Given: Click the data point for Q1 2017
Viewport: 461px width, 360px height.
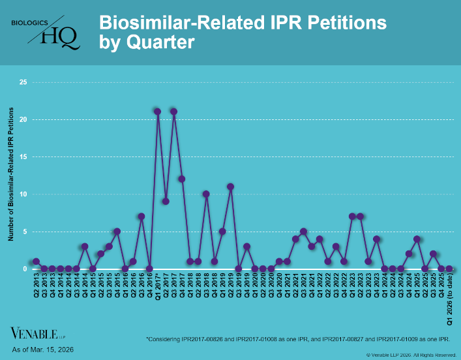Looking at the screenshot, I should (x=158, y=112).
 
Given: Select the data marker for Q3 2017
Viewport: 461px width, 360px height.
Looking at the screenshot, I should (x=174, y=112).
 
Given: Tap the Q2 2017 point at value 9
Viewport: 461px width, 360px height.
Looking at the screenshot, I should (x=166, y=201).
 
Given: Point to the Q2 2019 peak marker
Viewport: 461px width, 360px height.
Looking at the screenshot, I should (x=230, y=187).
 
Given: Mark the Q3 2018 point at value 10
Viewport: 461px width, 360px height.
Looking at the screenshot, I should (x=206, y=194).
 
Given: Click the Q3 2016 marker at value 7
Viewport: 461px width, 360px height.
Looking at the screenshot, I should (x=141, y=216).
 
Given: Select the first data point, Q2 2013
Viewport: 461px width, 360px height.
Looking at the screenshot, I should (x=36, y=261).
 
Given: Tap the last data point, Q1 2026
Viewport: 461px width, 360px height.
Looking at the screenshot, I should (x=449, y=268).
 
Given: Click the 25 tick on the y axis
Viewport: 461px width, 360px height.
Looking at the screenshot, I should (x=23, y=82).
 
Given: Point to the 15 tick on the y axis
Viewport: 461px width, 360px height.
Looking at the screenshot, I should (x=23, y=157).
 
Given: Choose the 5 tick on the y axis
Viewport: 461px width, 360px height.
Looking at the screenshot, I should (x=25, y=231).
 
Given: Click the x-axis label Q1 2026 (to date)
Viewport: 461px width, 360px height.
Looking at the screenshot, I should (x=449, y=299).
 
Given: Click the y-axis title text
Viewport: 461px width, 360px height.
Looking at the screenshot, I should (x=10, y=176).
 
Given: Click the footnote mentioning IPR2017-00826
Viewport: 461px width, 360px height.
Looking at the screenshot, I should (x=299, y=339).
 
